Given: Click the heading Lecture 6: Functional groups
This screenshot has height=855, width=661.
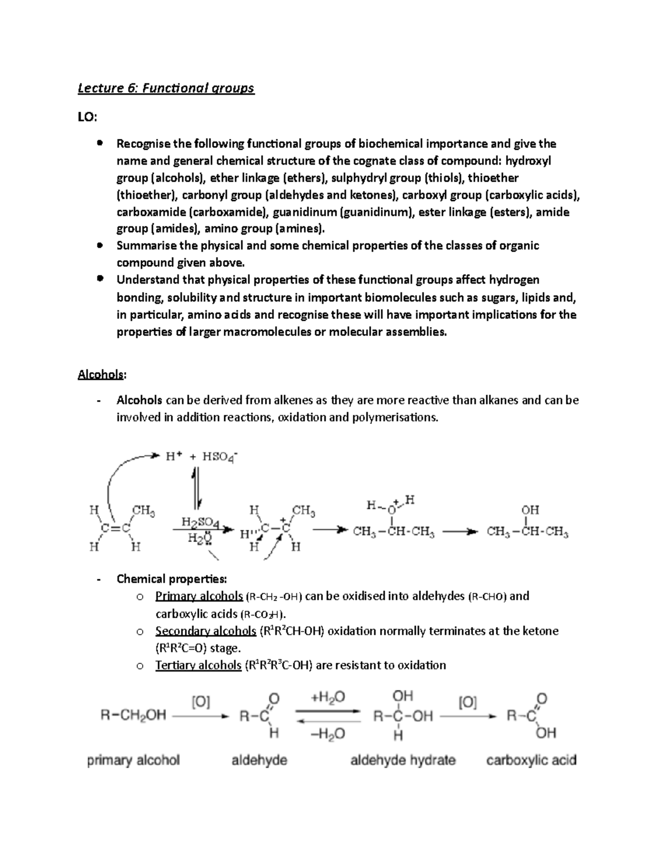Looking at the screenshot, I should click(x=166, y=88).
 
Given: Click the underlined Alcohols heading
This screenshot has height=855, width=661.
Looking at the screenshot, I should click(x=101, y=374).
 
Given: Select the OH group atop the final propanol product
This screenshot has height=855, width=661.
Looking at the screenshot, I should click(x=530, y=510).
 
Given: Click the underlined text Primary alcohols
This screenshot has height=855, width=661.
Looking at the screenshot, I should click(x=199, y=596).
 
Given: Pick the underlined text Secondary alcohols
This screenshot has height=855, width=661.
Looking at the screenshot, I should click(x=205, y=631).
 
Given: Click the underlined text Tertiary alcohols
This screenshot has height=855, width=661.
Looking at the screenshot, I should click(x=198, y=665).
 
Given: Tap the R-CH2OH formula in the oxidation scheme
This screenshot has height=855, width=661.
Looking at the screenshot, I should click(x=133, y=716).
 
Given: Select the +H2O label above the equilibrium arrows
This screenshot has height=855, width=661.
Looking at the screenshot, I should click(x=328, y=698).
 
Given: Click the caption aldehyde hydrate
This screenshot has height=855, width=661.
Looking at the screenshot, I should click(x=403, y=760).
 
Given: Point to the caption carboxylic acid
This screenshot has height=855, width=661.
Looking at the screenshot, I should click(x=531, y=760).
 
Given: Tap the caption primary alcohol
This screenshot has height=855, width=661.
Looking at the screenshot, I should click(x=133, y=760).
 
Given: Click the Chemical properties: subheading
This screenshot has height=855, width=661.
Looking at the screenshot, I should click(x=171, y=579).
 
